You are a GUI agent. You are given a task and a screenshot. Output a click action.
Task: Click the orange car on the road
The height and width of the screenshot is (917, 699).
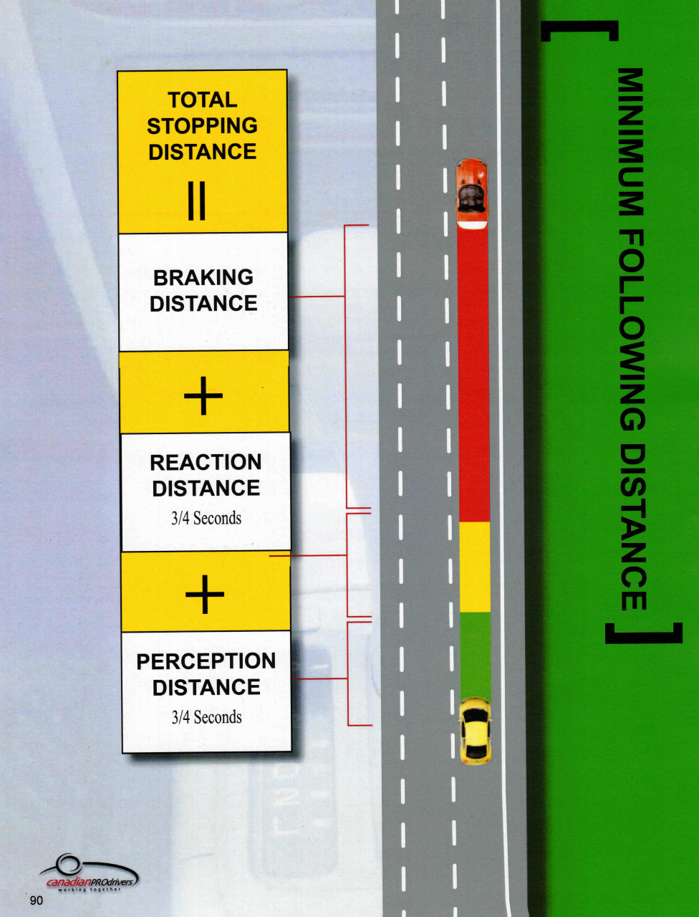click(472, 193)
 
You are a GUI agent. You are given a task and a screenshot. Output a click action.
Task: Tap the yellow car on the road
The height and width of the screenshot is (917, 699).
click(475, 731)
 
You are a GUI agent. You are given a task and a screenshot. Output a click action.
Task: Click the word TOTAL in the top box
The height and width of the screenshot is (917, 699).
click(203, 100)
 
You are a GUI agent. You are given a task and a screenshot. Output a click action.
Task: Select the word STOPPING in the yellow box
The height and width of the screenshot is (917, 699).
click(203, 126)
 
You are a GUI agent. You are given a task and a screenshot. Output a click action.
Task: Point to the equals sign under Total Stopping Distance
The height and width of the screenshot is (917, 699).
click(197, 201)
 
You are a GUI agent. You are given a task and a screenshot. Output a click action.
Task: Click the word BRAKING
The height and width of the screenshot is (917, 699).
click(203, 277)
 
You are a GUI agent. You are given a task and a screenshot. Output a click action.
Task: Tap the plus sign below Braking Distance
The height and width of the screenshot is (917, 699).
click(203, 395)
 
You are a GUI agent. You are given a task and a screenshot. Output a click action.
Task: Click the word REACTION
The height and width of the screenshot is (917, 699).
click(206, 463)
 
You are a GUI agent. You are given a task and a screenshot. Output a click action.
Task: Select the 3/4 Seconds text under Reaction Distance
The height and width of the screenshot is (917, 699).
click(206, 518)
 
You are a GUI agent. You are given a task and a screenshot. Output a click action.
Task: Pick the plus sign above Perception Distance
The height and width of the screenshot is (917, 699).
click(205, 594)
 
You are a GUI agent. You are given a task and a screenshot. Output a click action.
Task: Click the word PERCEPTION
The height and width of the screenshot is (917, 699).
click(206, 661)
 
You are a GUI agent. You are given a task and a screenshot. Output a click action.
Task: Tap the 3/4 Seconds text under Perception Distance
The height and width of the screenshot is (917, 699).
click(207, 717)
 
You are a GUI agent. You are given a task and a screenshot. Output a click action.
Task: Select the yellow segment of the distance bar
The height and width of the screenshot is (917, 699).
click(475, 567)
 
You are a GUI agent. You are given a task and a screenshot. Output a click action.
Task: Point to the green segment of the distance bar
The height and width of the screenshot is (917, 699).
click(476, 655)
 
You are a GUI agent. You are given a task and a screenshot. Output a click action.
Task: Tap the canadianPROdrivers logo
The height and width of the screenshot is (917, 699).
click(89, 873)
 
